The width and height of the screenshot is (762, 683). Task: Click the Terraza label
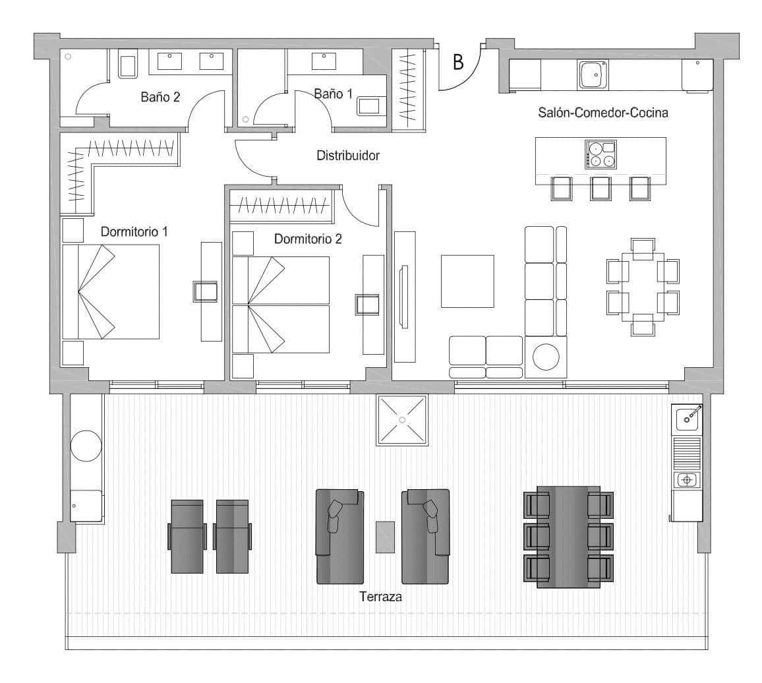(x=380, y=597)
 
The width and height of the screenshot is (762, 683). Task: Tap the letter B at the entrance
(x=457, y=62)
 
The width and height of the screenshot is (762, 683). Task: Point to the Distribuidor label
(x=348, y=156)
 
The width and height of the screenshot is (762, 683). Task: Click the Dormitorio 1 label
(x=134, y=232)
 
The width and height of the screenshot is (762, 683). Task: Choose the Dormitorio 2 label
(x=308, y=239)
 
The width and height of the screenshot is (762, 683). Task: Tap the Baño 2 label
(x=160, y=97)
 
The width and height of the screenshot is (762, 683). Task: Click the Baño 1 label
(x=333, y=94)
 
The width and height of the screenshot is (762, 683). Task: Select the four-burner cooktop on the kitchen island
(x=600, y=154)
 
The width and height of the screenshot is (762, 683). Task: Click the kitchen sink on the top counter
(x=593, y=74)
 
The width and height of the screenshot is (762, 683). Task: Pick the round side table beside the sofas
(x=546, y=357)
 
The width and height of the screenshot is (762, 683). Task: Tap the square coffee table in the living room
(x=467, y=281)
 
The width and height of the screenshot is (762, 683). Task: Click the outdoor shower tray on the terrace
(x=401, y=420)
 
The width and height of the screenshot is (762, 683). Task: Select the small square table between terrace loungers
(x=385, y=537)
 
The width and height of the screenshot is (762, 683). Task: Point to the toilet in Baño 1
(x=370, y=106)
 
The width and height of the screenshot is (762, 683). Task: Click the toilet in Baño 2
(x=127, y=67)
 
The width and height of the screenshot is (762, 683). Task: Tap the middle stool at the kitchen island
(x=601, y=188)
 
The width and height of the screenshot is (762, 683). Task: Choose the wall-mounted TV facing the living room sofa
(x=403, y=295)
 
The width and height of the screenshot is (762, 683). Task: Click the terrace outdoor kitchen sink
(x=688, y=417)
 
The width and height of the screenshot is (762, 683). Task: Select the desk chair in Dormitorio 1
(x=205, y=291)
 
